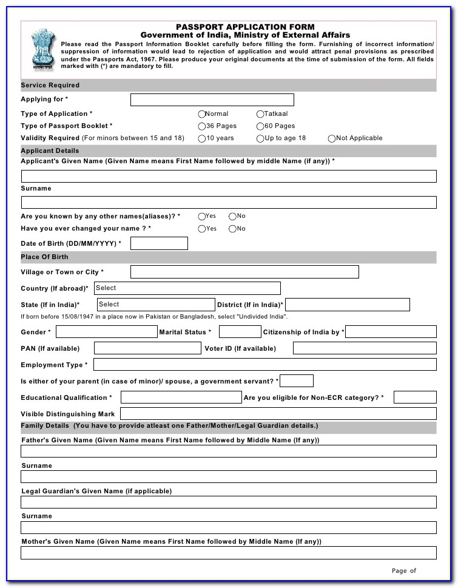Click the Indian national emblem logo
tap(42, 50)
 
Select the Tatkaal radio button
tap(260, 114)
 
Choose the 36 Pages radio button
tap(202, 126)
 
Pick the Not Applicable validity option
tap(332, 138)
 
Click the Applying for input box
tap(212, 100)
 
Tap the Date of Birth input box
tap(159, 243)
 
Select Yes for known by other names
tap(202, 216)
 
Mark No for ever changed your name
tap(232, 229)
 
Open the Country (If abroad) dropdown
tap(187, 288)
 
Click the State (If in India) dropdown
tap(155, 305)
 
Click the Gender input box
tap(106, 332)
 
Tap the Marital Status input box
tap(239, 332)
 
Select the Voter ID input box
tap(364, 348)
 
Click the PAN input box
tap(147, 348)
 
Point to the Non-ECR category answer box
tap(415, 397)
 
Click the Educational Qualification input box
tap(181, 397)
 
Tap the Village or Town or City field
tap(244, 272)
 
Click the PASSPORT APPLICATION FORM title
tap(245, 27)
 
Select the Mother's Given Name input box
tap(228, 553)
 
